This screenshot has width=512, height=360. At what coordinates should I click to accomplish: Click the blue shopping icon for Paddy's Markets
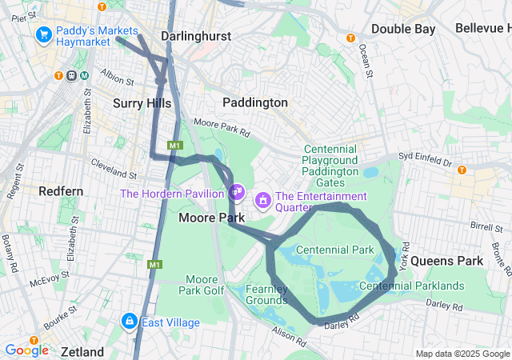tap(43, 35)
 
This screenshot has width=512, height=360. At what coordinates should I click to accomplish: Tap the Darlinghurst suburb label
tap(195, 36)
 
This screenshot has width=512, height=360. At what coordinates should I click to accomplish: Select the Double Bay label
tap(402, 29)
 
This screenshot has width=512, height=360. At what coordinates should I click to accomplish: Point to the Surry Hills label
tap(142, 103)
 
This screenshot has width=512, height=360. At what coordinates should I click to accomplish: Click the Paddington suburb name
tap(254, 102)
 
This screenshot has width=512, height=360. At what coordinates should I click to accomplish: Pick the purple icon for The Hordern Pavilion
tap(236, 192)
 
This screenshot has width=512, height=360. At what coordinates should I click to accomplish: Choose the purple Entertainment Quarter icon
tap(262, 198)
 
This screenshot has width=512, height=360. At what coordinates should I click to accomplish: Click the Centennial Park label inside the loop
tap(334, 250)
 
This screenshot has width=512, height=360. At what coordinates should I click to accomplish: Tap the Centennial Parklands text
tap(412, 286)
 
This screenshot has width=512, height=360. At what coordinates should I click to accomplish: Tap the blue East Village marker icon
tap(128, 322)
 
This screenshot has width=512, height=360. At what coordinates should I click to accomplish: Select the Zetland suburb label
tap(82, 352)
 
